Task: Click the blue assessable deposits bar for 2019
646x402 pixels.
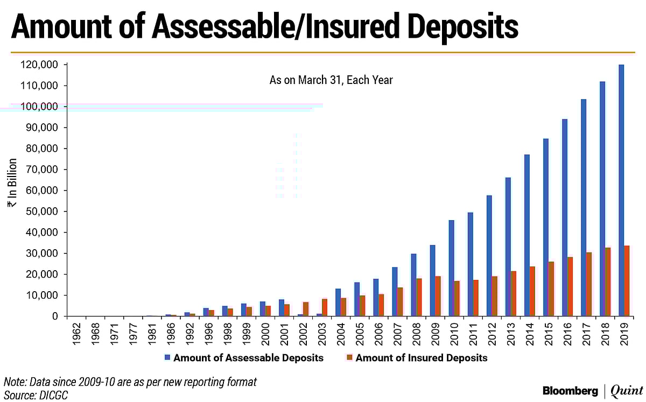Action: pyautogui.click(x=621, y=191)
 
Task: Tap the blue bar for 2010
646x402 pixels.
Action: pyautogui.click(x=452, y=269)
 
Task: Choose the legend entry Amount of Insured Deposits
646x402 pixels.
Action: pyautogui.click(x=421, y=358)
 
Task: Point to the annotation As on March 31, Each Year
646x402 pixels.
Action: pyautogui.click(x=331, y=80)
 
